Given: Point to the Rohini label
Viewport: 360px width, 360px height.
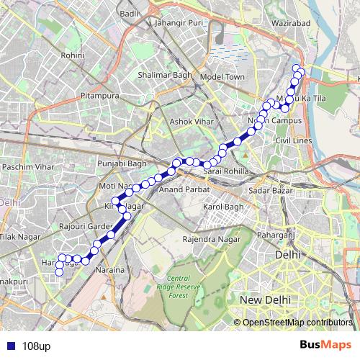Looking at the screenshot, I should click(x=73, y=54).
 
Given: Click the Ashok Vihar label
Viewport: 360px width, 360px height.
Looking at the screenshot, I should click(x=187, y=122).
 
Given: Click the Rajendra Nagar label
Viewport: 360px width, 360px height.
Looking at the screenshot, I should click(x=210, y=238).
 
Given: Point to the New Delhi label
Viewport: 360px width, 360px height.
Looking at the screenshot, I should click(x=266, y=299).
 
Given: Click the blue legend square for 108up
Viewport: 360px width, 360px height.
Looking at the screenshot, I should click(x=10, y=346).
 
